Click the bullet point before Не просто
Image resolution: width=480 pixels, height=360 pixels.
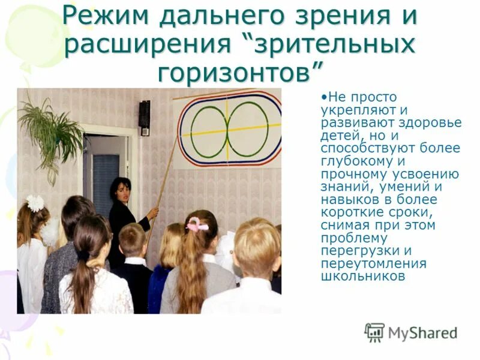(324, 97)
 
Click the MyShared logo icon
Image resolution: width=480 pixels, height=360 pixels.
(374, 332)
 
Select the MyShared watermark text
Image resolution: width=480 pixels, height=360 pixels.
(422, 333)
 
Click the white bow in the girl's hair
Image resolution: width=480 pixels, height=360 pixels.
(35, 203)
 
